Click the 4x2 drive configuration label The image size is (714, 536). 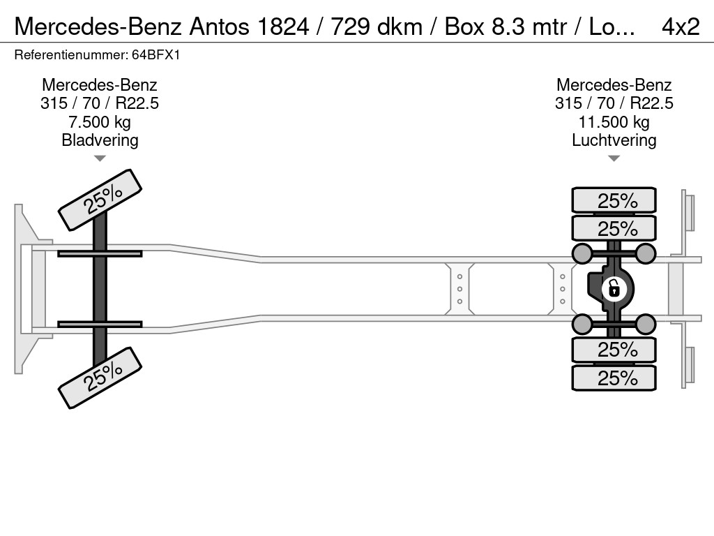(x=681, y=27)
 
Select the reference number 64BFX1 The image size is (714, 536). (x=156, y=55)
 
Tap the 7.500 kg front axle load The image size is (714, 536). (x=100, y=122)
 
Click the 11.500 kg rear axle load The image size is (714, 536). (x=614, y=122)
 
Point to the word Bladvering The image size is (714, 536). (x=100, y=140)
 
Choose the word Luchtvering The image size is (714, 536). (x=614, y=140)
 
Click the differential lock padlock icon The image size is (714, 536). (x=614, y=289)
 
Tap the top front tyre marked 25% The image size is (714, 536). (x=100, y=200)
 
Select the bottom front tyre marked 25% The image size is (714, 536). (x=100, y=378)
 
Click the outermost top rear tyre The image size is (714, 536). (x=614, y=200)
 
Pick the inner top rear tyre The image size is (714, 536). (x=614, y=228)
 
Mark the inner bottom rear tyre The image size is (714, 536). (x=614, y=350)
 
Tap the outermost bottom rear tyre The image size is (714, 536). (x=614, y=378)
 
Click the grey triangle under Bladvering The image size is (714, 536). (x=100, y=158)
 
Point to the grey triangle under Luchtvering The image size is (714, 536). (x=614, y=158)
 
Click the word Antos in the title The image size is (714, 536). (x=220, y=27)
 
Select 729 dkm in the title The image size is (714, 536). (x=377, y=27)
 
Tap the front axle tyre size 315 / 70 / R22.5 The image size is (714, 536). (x=100, y=103)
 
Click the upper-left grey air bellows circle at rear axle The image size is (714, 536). (x=582, y=253)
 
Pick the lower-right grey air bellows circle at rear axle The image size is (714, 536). (x=645, y=324)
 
